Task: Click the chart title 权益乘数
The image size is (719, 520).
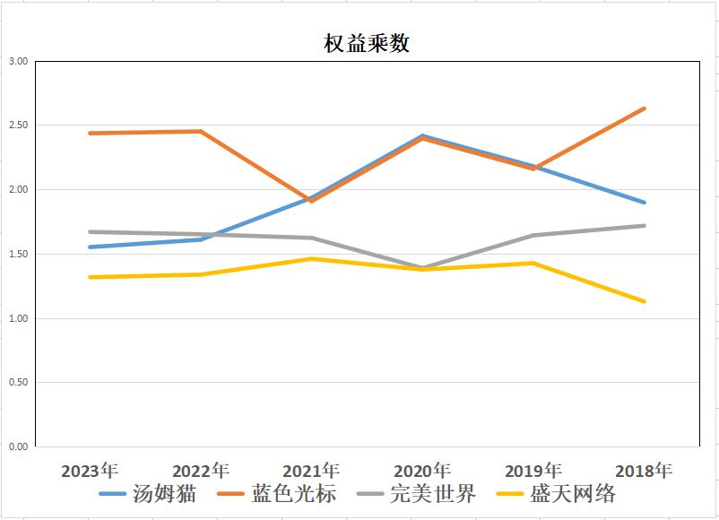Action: [367, 43]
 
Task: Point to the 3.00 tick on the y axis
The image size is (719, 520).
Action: [18, 62]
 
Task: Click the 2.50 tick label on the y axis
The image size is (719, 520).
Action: [18, 126]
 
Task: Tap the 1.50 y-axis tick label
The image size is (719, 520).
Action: [18, 255]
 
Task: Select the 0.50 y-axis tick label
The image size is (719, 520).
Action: [18, 383]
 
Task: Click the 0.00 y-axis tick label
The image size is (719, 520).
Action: [18, 446]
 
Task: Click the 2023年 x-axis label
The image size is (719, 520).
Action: [90, 471]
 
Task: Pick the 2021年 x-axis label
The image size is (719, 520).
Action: [311, 471]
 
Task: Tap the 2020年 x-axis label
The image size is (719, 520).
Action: [422, 471]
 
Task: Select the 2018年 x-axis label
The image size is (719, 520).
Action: [644, 471]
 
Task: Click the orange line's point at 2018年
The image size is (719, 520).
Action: [644, 108]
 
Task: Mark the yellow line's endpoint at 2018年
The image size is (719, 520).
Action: [644, 301]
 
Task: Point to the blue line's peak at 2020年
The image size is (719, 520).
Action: [422, 136]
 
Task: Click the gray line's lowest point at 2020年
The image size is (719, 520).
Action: [422, 267]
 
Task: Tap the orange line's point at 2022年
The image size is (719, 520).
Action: [201, 132]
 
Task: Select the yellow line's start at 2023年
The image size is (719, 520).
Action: [90, 277]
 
